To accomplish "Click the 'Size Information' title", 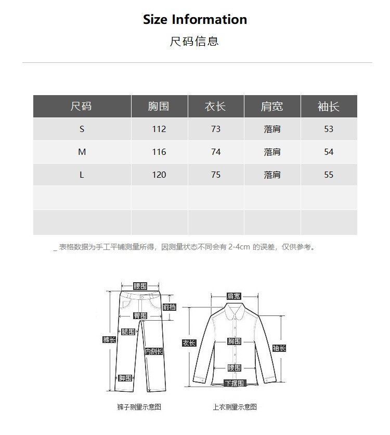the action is (x=195, y=20).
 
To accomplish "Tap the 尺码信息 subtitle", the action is (x=194, y=42).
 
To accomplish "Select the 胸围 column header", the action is (x=159, y=107).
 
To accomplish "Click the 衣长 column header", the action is (x=216, y=107).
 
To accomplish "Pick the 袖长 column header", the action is (x=329, y=107).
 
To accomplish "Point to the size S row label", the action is (x=82, y=129).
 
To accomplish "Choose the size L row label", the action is (x=82, y=175).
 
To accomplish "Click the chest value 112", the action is (x=159, y=129).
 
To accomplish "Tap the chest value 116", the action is (x=159, y=152).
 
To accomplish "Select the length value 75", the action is (x=216, y=175).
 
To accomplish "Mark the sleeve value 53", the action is (x=329, y=129).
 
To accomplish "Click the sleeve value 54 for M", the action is (x=329, y=152).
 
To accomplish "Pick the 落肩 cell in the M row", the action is (x=272, y=152).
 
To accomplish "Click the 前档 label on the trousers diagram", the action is (x=170, y=307).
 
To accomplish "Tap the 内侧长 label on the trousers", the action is (x=153, y=351).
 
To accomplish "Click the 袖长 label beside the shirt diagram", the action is (x=279, y=348).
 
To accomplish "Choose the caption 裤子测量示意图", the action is (x=139, y=407).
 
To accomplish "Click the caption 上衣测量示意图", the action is (x=235, y=407).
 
